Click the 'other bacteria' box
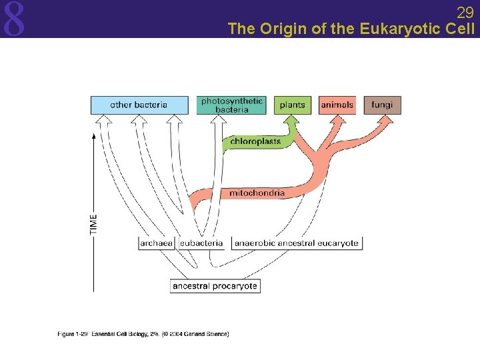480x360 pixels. [139, 105]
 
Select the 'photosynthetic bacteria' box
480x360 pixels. [232, 105]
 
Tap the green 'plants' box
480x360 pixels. [292, 105]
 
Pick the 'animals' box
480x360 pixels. [337, 105]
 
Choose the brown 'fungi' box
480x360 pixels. [382, 105]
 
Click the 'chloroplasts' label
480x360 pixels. [255, 141]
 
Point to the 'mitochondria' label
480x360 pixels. [257, 193]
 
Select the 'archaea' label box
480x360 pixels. [157, 243]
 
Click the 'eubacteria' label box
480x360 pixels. [201, 243]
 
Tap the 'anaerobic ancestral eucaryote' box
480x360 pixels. [297, 243]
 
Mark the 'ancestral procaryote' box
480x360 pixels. [215, 286]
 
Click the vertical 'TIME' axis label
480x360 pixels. [93, 223]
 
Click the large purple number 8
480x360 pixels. [14, 19]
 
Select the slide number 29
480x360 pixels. [465, 12]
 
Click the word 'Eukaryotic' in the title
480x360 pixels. [395, 29]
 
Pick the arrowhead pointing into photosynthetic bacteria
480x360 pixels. [219, 119]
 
